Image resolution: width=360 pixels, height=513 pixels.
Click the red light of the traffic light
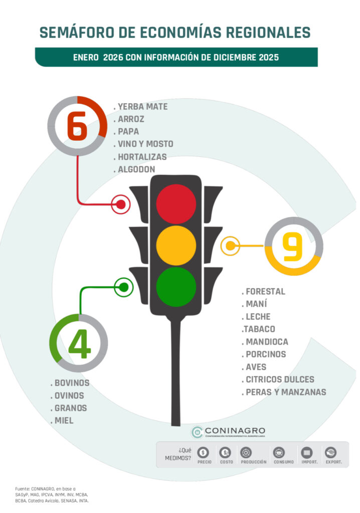click(x=176, y=204)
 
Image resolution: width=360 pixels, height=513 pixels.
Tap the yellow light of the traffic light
click(x=176, y=245)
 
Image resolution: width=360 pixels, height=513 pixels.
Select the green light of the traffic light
click(x=176, y=287)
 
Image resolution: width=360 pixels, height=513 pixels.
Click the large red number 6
click(x=77, y=126)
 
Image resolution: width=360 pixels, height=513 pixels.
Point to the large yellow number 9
click(x=292, y=246)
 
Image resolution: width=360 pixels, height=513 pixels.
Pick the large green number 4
click(x=79, y=344)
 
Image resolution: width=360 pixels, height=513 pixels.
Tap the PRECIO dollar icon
click(x=204, y=453)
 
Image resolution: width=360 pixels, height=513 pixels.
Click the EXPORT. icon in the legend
click(x=330, y=453)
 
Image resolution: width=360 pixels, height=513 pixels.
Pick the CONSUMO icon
click(x=279, y=453)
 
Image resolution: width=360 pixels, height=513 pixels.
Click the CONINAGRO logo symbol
click(x=197, y=432)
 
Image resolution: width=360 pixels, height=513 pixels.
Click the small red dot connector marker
click(x=121, y=204)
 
